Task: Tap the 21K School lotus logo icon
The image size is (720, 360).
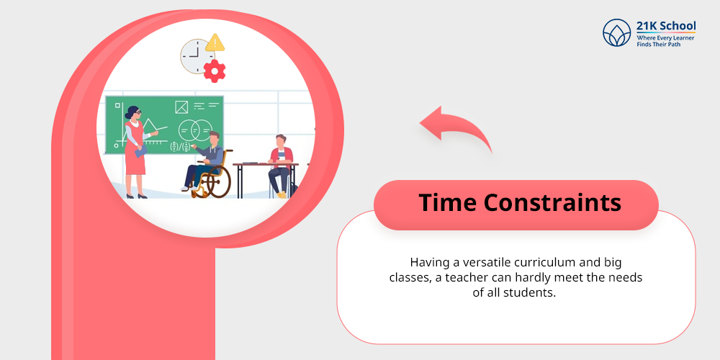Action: click(617, 33)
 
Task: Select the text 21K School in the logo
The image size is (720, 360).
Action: click(666, 26)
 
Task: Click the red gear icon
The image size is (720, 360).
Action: click(214, 71)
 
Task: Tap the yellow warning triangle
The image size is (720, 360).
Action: click(215, 42)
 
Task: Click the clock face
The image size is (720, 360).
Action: click(195, 55)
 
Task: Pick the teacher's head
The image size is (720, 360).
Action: click(132, 113)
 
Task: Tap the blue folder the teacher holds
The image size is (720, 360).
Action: click(140, 150)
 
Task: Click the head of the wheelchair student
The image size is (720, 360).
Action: click(214, 138)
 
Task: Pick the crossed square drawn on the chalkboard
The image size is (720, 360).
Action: click(182, 107)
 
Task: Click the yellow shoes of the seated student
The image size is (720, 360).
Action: click(282, 194)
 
